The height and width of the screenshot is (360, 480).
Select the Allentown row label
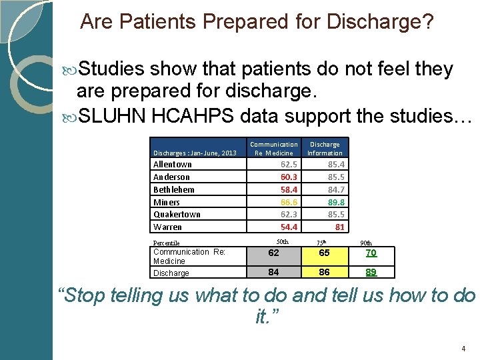(173, 164)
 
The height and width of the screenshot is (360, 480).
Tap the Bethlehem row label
(174, 189)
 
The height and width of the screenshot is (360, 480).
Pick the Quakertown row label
(177, 214)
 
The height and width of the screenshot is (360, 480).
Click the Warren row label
(167, 227)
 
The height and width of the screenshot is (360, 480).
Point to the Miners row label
(167, 202)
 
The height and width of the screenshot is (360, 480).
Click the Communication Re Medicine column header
(273, 148)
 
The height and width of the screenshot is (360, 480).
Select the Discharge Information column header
(325, 148)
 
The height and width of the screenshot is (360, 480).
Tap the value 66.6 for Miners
(289, 202)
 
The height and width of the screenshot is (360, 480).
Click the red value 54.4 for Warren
(289, 227)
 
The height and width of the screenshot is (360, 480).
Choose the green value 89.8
(335, 202)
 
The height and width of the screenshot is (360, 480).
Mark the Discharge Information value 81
(339, 227)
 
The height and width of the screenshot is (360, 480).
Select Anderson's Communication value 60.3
(289, 177)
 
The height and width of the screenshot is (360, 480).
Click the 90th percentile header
(366, 243)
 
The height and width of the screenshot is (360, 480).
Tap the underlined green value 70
(371, 253)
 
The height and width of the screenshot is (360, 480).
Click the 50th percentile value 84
(273, 271)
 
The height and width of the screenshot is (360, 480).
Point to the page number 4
(463, 349)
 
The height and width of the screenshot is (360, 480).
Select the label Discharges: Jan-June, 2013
(195, 153)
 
